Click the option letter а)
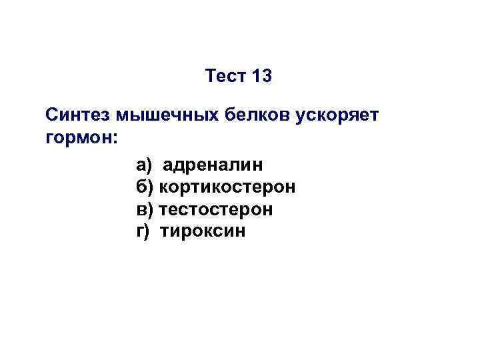[x=144, y=164]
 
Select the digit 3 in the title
[x=267, y=77]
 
